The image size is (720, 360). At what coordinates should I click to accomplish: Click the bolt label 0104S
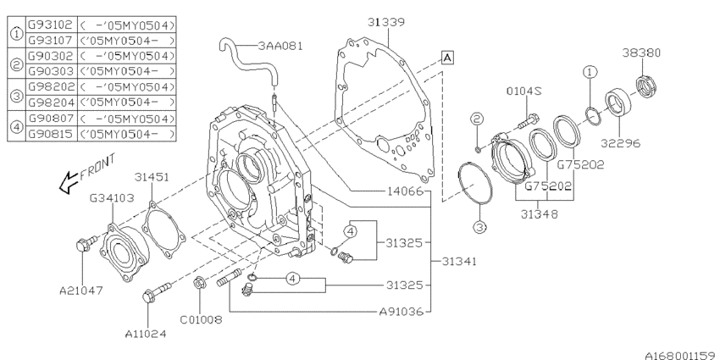(525, 91)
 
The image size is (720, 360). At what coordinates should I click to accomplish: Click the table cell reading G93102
(51, 23)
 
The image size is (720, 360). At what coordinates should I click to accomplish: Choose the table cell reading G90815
(51, 134)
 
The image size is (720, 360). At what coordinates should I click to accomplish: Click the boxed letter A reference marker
(446, 57)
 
